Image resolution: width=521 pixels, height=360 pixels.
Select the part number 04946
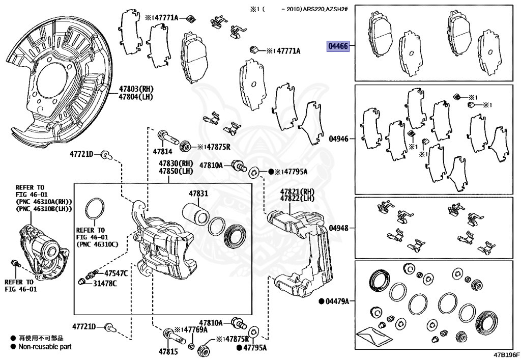pos(338,138)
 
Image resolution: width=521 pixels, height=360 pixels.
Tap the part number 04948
pos(338,228)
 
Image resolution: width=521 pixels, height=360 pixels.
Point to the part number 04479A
pos(337,301)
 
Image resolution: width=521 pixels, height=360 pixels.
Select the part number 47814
pos(163,151)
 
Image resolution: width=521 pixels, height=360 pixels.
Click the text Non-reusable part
pos(45,346)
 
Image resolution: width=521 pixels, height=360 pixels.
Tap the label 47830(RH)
pos(176,163)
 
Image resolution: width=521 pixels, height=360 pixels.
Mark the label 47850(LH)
pos(176,171)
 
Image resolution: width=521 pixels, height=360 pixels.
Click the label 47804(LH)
pos(136,96)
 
